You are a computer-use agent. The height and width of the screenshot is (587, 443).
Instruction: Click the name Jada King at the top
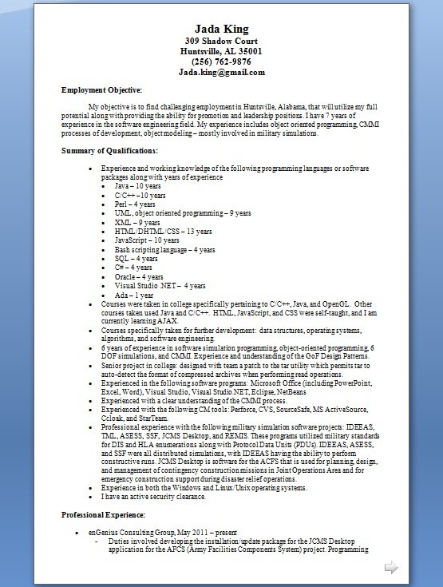coord(222,30)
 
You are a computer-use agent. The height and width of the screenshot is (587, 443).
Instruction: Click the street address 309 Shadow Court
coord(221,42)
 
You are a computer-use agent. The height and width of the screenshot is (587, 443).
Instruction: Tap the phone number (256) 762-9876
coord(221,61)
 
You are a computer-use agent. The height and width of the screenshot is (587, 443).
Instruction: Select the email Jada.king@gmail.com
coord(221,72)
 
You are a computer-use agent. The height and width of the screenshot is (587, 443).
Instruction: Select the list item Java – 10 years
coord(137,185)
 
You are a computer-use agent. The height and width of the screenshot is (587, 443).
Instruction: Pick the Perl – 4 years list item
coord(135,204)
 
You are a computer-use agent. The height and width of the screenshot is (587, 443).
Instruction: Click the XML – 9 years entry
coord(136,222)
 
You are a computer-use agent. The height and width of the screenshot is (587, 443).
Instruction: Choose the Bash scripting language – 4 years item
coord(164,249)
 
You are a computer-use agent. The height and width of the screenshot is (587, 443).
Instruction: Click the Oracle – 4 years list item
coord(139,276)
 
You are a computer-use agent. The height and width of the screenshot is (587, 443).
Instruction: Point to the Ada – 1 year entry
coord(134,295)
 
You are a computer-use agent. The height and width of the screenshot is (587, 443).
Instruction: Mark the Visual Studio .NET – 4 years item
coord(160,285)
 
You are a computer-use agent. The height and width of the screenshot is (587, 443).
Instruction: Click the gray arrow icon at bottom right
coord(391,568)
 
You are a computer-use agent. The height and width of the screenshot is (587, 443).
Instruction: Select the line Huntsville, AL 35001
coord(221,52)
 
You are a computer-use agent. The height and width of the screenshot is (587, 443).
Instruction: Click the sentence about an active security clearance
coord(153,496)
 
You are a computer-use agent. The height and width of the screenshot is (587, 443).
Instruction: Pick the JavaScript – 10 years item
coord(147,240)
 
